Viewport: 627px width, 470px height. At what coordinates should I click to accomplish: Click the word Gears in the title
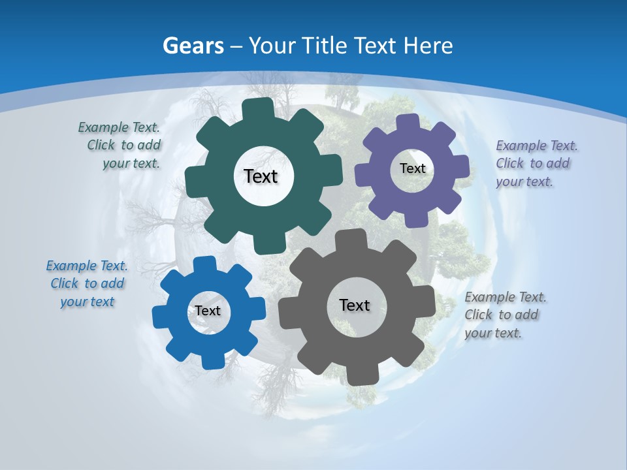pyautogui.click(x=193, y=46)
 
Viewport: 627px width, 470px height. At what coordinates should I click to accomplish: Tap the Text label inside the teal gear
pyautogui.click(x=261, y=176)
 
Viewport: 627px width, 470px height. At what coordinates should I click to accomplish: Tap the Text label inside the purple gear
pyautogui.click(x=412, y=168)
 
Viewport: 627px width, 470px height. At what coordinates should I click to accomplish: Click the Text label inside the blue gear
pyautogui.click(x=208, y=311)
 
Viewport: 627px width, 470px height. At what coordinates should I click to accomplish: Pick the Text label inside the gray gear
pyautogui.click(x=355, y=305)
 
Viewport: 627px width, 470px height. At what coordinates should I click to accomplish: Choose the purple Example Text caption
pyautogui.click(x=536, y=163)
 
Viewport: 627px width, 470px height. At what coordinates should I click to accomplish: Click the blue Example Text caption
pyautogui.click(x=87, y=283)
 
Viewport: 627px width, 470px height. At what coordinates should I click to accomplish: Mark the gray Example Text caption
pyautogui.click(x=505, y=315)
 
